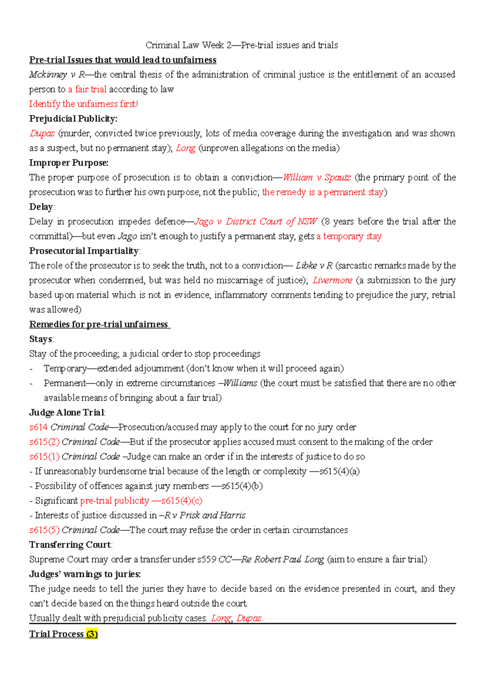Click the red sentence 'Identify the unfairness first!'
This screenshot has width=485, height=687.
[x=83, y=104]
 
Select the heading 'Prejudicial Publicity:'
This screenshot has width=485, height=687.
[x=73, y=119]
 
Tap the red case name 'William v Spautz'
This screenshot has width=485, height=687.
[x=316, y=177]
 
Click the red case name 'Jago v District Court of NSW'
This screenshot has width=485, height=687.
[x=255, y=221]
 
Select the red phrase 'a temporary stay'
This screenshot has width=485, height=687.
[x=349, y=236]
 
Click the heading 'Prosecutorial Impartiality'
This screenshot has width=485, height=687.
[x=84, y=251]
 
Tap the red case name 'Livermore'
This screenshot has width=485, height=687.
[x=332, y=280]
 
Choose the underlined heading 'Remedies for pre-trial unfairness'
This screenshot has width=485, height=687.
[x=99, y=324]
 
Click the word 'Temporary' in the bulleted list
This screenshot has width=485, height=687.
[x=65, y=369]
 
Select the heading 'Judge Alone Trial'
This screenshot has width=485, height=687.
[x=67, y=413]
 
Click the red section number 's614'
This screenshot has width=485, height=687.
[x=38, y=427]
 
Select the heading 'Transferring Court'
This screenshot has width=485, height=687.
[x=70, y=545]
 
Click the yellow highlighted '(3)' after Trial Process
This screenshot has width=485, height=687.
[x=92, y=634]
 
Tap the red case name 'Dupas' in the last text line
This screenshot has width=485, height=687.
[x=249, y=618]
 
